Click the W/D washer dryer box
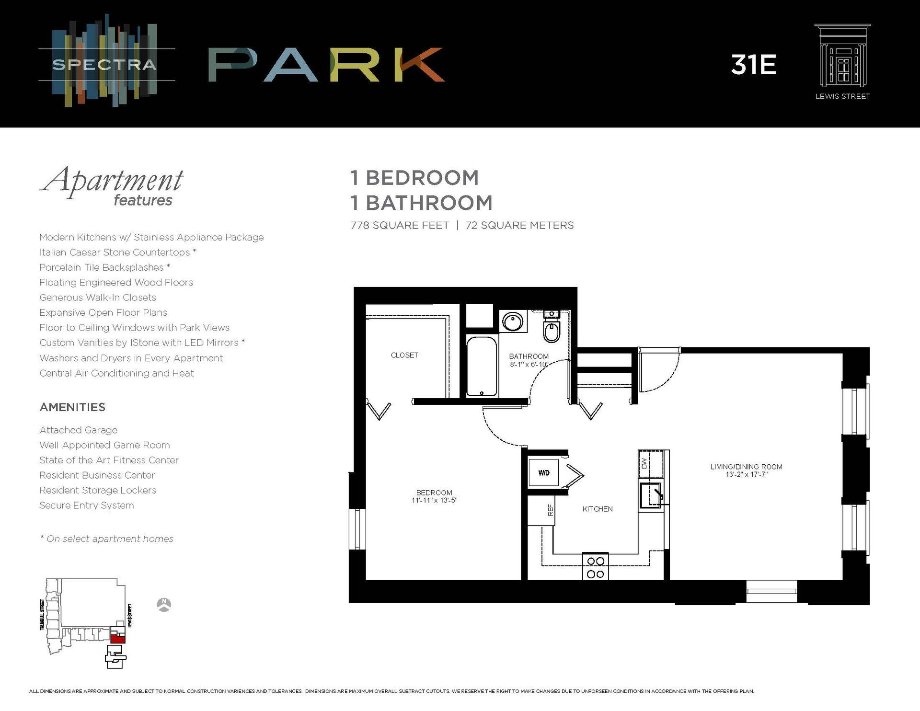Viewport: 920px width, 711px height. [x=543, y=473]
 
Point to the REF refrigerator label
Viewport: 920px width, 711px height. [x=551, y=510]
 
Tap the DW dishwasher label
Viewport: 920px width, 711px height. [x=644, y=463]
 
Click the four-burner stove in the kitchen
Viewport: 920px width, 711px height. [x=595, y=567]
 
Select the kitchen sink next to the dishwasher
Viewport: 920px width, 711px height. [x=651, y=495]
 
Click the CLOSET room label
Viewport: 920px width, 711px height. [x=404, y=355]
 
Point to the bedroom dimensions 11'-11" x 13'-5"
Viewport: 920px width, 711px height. [x=434, y=500]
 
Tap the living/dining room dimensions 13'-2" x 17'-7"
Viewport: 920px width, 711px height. [x=746, y=474]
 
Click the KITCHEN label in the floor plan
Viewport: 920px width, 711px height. [x=598, y=509]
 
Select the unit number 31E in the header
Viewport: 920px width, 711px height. [x=753, y=65]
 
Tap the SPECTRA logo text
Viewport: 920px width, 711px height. [x=104, y=65]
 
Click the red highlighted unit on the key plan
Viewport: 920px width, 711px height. [x=117, y=637]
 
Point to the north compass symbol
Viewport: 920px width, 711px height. [x=164, y=605]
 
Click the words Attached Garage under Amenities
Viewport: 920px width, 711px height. [x=78, y=430]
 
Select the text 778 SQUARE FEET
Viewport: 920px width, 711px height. [x=400, y=225]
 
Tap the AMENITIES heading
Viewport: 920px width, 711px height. [x=72, y=407]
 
